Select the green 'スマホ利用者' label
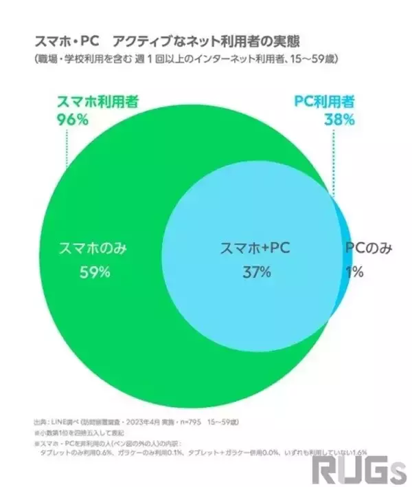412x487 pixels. (97, 102)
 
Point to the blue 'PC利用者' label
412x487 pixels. (325, 102)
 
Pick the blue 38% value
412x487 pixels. (340, 119)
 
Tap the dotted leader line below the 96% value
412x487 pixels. (66, 148)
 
